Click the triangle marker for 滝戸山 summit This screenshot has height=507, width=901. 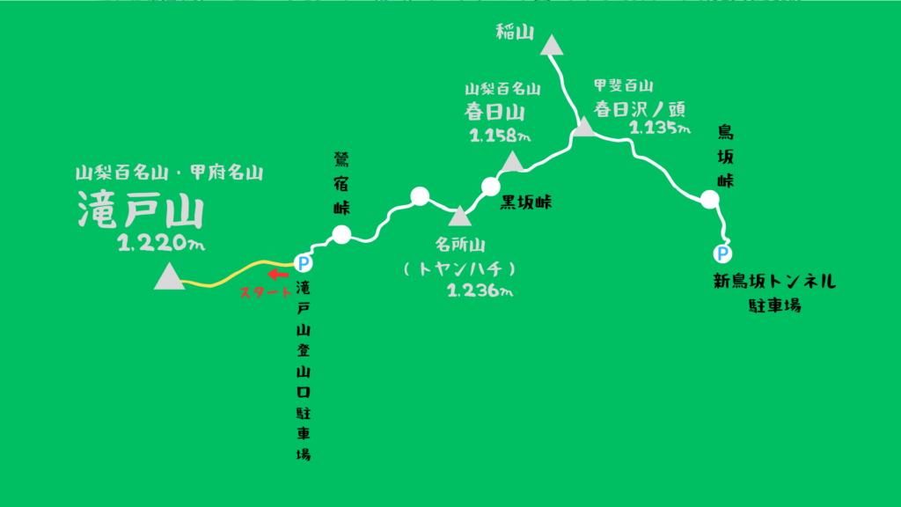pos(168,278)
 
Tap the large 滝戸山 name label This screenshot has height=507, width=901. pos(141,212)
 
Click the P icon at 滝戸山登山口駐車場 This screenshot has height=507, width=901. pos(303,261)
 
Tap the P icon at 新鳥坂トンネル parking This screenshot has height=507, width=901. pos(722,253)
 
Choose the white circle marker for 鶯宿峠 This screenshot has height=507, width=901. pos(341,234)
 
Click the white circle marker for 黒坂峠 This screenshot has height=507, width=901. pos(491,186)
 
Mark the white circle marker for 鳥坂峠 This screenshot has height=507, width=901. pos(710,200)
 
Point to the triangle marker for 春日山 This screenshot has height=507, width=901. pos(511,161)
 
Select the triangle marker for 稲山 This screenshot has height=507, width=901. pos(552,46)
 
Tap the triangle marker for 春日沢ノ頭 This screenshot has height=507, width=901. pos(583,129)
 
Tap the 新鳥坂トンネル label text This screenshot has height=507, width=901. pos(773,283)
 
